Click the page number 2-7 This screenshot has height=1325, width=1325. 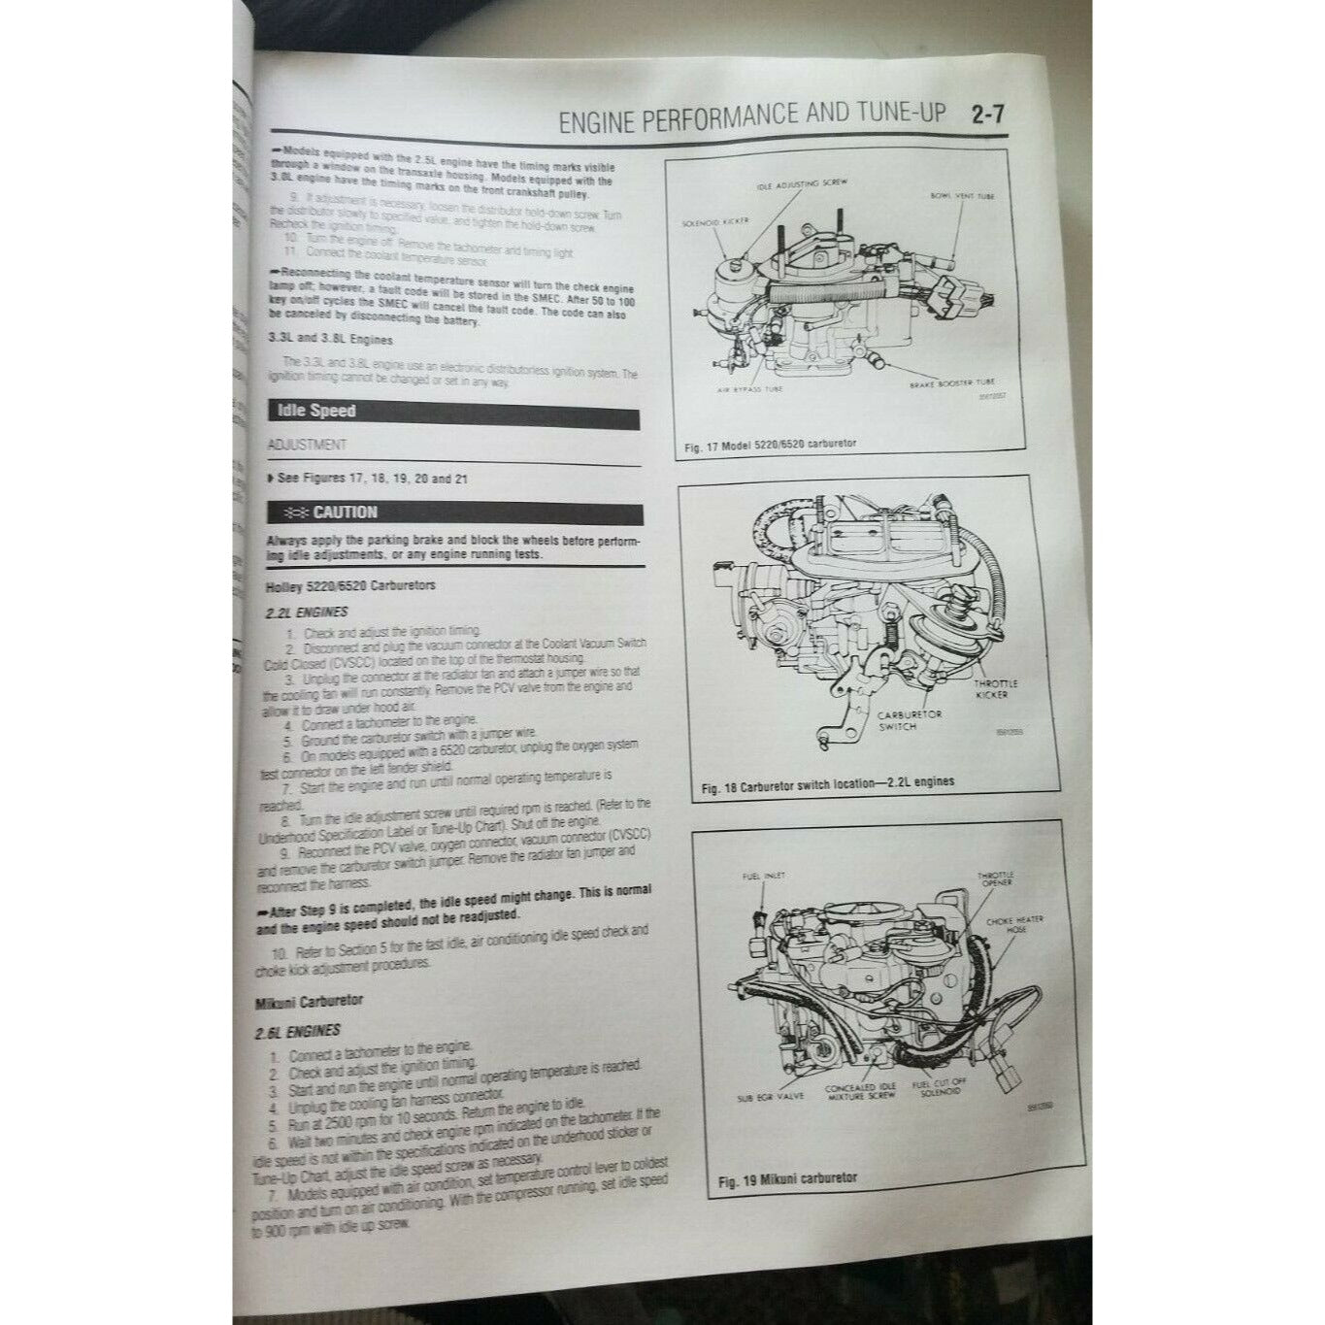[986, 116]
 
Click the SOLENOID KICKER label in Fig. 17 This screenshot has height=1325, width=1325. [715, 222]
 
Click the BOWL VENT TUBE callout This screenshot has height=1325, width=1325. [961, 196]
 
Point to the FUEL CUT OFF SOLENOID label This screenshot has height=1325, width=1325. [936, 1088]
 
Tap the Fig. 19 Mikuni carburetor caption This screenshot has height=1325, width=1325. [787, 1178]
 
